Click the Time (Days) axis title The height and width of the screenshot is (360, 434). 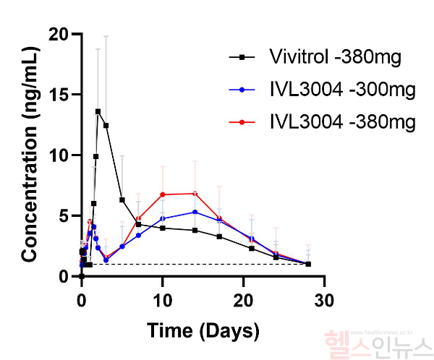203,331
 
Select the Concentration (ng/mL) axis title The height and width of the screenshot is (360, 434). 29,155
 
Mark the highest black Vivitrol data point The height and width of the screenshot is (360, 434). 98,111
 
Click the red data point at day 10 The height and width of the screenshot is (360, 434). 163,194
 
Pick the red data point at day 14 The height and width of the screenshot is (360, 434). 195,193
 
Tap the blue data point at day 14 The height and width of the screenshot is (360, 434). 195,212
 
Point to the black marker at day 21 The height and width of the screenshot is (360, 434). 252,248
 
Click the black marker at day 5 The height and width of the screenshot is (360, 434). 122,200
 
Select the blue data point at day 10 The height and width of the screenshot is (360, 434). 163,218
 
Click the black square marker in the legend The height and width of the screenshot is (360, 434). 242,56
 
